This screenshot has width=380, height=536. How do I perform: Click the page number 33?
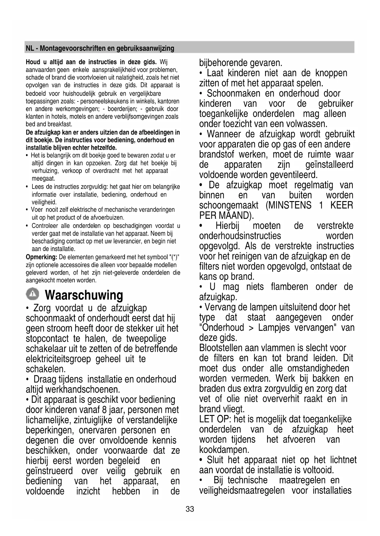[x=190, y=509]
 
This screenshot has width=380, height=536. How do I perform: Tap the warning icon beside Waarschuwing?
[x=32, y=294]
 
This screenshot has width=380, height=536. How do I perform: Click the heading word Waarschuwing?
[x=84, y=295]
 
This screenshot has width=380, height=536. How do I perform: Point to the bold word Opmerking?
[x=42, y=257]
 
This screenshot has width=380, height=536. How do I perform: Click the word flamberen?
[x=289, y=287]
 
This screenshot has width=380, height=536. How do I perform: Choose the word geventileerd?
[x=294, y=175]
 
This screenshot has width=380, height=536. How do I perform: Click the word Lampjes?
[x=274, y=328]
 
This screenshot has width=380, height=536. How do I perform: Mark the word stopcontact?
[x=47, y=339]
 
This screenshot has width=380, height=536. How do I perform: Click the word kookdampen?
[x=224, y=450]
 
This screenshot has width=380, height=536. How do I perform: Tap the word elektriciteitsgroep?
[x=58, y=359]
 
